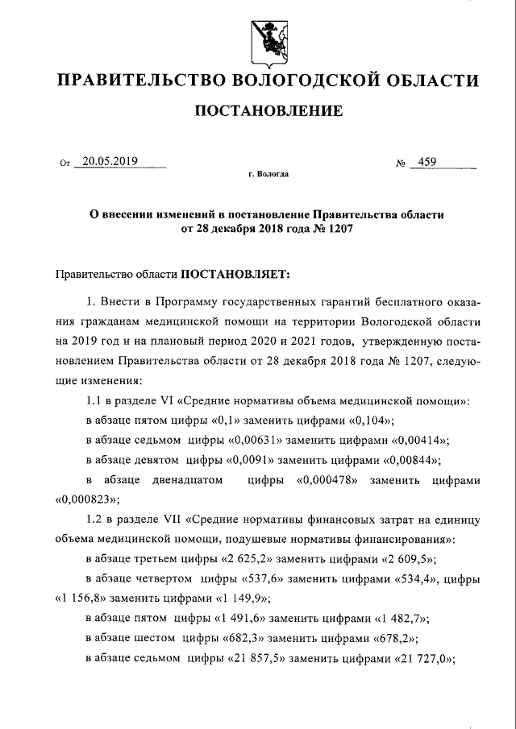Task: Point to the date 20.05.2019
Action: click(x=110, y=161)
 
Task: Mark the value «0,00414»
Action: click(x=420, y=440)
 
